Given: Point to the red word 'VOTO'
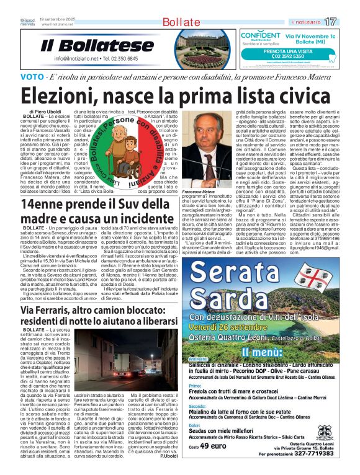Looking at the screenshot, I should click(x=32, y=77).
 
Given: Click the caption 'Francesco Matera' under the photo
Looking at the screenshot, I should click(x=198, y=193).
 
